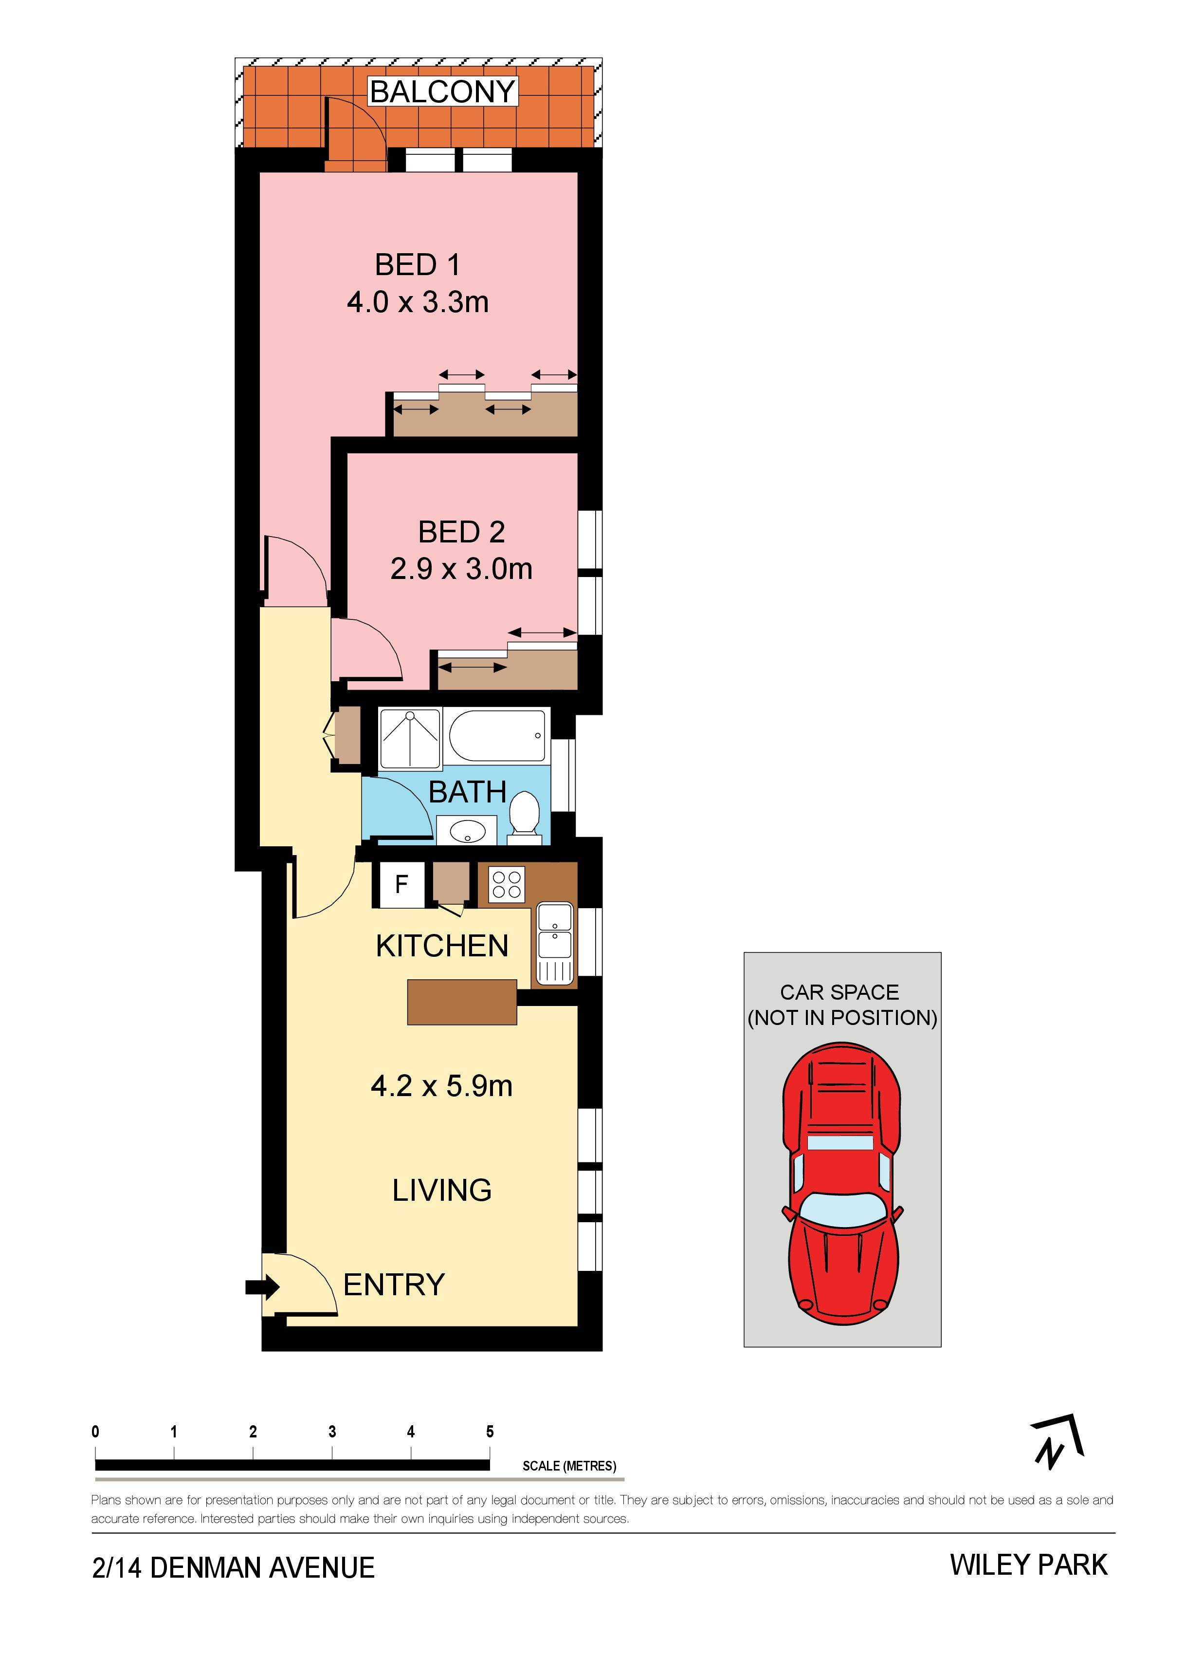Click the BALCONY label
(x=442, y=92)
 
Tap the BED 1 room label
(x=418, y=264)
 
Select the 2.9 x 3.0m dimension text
(x=461, y=569)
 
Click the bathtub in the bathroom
(x=496, y=735)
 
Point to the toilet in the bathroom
(x=524, y=816)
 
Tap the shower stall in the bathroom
(x=410, y=738)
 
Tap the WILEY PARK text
(x=1029, y=1565)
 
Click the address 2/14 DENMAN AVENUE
(x=234, y=1568)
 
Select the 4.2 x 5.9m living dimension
(x=442, y=1086)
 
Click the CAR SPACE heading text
(x=839, y=992)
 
